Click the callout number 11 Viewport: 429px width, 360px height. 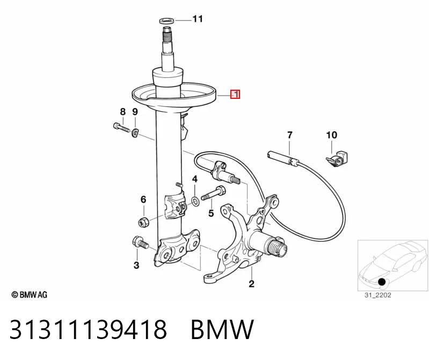pos(198,19)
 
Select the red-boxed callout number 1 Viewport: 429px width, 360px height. pos(235,95)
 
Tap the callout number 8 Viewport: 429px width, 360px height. pos(122,112)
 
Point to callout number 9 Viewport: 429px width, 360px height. pos(135,112)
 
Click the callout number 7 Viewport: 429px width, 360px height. pos(290,135)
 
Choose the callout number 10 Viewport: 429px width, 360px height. pos(332,135)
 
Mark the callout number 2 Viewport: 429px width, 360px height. pos(251,284)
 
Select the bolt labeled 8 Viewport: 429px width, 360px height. pos(121,127)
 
